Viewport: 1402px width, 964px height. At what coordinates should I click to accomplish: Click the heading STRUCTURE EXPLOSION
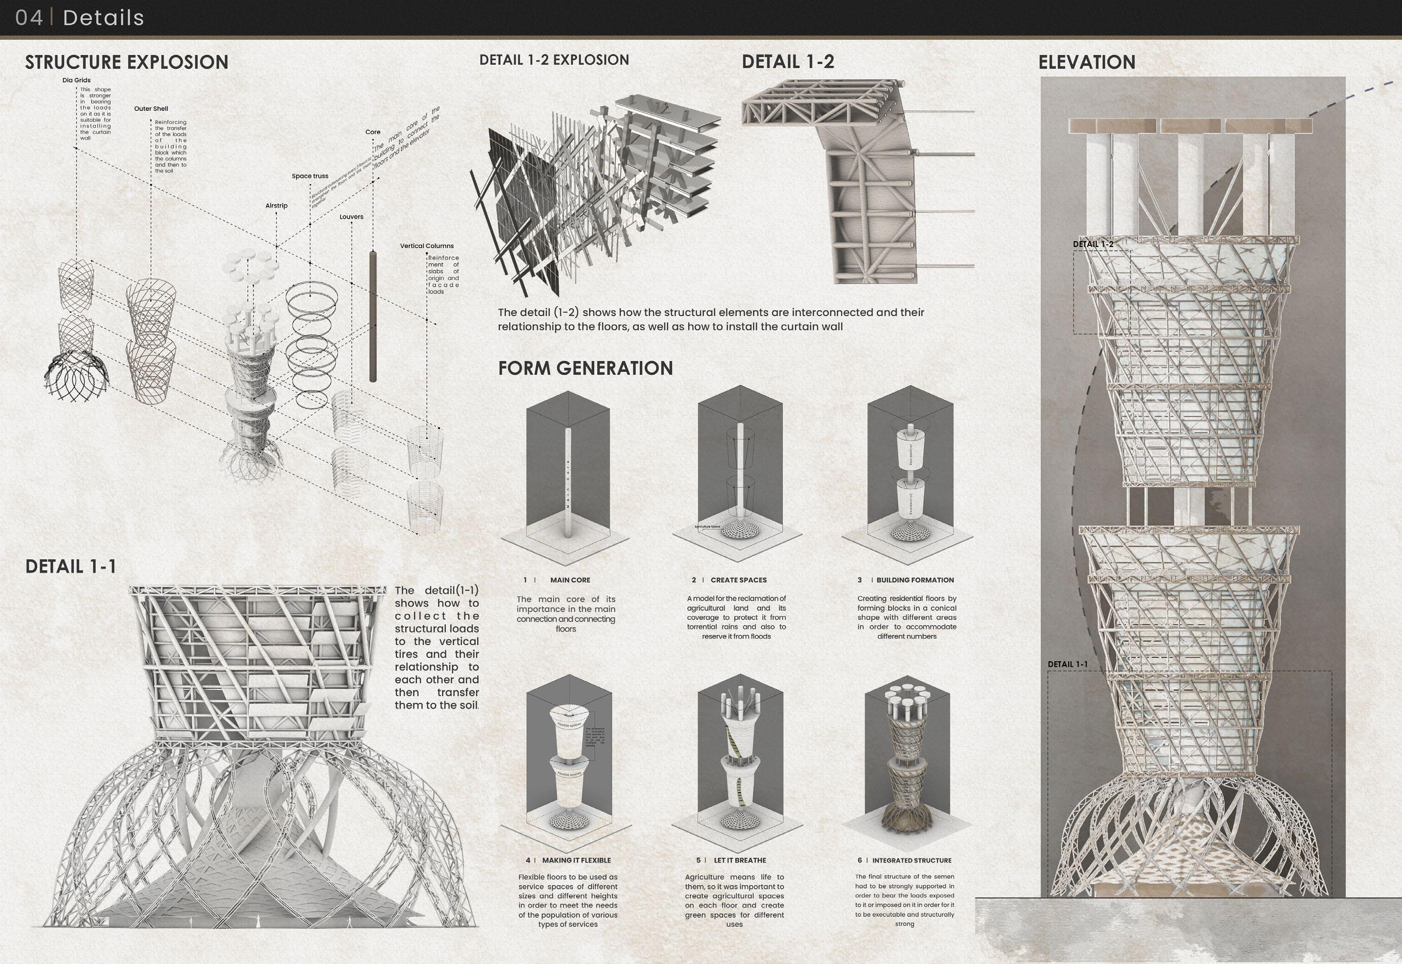(x=127, y=62)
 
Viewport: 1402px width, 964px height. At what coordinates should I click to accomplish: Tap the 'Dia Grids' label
(x=76, y=80)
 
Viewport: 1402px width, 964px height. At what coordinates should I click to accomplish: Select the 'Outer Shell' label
(x=151, y=109)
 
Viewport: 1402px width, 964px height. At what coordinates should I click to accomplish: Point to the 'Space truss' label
(x=310, y=176)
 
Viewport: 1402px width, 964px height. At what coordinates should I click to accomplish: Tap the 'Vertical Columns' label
(x=427, y=246)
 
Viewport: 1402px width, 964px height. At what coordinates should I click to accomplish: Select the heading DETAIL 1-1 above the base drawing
(x=71, y=567)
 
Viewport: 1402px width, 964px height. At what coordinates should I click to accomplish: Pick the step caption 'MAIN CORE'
(x=570, y=580)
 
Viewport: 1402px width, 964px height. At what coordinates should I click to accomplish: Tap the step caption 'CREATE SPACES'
(x=738, y=580)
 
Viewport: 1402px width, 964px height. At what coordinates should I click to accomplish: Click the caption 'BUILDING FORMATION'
(x=915, y=580)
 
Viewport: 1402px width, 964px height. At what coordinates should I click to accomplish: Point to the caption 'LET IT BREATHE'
(x=740, y=860)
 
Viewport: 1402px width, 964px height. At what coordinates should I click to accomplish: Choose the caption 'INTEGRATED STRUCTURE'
(x=911, y=860)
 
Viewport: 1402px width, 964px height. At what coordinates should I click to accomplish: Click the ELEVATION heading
(x=1086, y=62)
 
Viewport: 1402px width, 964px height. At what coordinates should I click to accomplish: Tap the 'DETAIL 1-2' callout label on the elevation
(x=1093, y=244)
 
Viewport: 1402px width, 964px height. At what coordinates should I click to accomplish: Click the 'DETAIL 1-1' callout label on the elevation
(x=1067, y=664)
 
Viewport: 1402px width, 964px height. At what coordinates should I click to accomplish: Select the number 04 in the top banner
(x=29, y=18)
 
